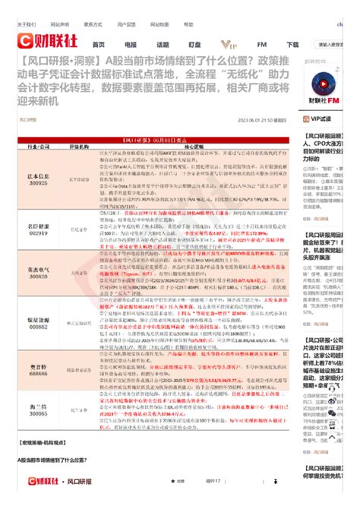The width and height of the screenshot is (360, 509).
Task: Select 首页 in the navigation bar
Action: point(99,45)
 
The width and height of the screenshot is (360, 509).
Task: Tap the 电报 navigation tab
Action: point(131,45)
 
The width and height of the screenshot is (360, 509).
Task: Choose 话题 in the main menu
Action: point(163,45)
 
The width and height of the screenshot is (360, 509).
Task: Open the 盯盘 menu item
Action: point(195,45)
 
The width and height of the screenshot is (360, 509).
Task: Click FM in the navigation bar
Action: point(262,45)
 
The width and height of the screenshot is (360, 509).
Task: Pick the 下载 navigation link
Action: point(293,45)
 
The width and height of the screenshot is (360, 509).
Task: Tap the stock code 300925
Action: point(39,182)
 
